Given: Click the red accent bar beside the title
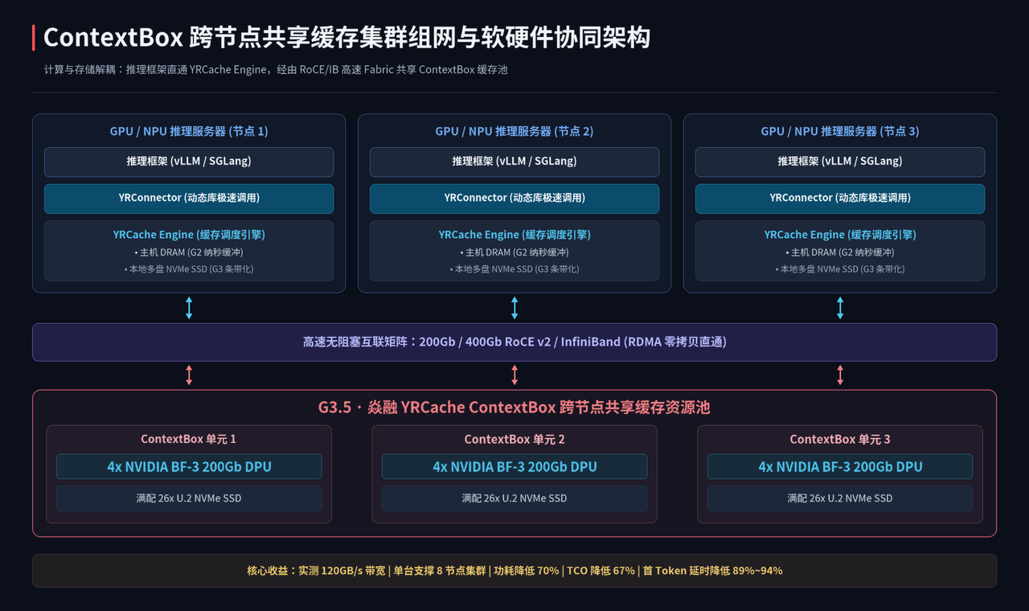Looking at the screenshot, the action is click(34, 38).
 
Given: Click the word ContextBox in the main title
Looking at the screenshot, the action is click(113, 37).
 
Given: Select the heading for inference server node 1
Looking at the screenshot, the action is click(189, 131).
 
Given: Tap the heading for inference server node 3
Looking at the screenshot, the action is click(840, 131).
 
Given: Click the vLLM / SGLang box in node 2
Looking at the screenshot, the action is click(514, 162).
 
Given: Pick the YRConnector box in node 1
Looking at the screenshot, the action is click(189, 199).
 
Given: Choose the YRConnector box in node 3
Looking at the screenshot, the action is click(840, 199).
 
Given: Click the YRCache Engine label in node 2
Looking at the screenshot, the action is click(514, 235).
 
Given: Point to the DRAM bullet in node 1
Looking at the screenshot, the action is click(189, 252).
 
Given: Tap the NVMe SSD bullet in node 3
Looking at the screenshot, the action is click(840, 269).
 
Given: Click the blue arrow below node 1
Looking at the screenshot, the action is click(189, 308).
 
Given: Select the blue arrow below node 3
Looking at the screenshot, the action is click(840, 308).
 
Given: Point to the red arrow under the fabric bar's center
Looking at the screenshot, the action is click(514, 375).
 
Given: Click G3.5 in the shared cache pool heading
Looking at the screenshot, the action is click(334, 408).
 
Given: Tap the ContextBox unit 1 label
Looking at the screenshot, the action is click(188, 439).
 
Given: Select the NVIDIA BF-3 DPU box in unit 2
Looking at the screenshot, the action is click(514, 466).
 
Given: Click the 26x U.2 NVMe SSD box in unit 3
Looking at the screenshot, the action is click(840, 498).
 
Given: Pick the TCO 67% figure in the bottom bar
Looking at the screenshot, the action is click(601, 571).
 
